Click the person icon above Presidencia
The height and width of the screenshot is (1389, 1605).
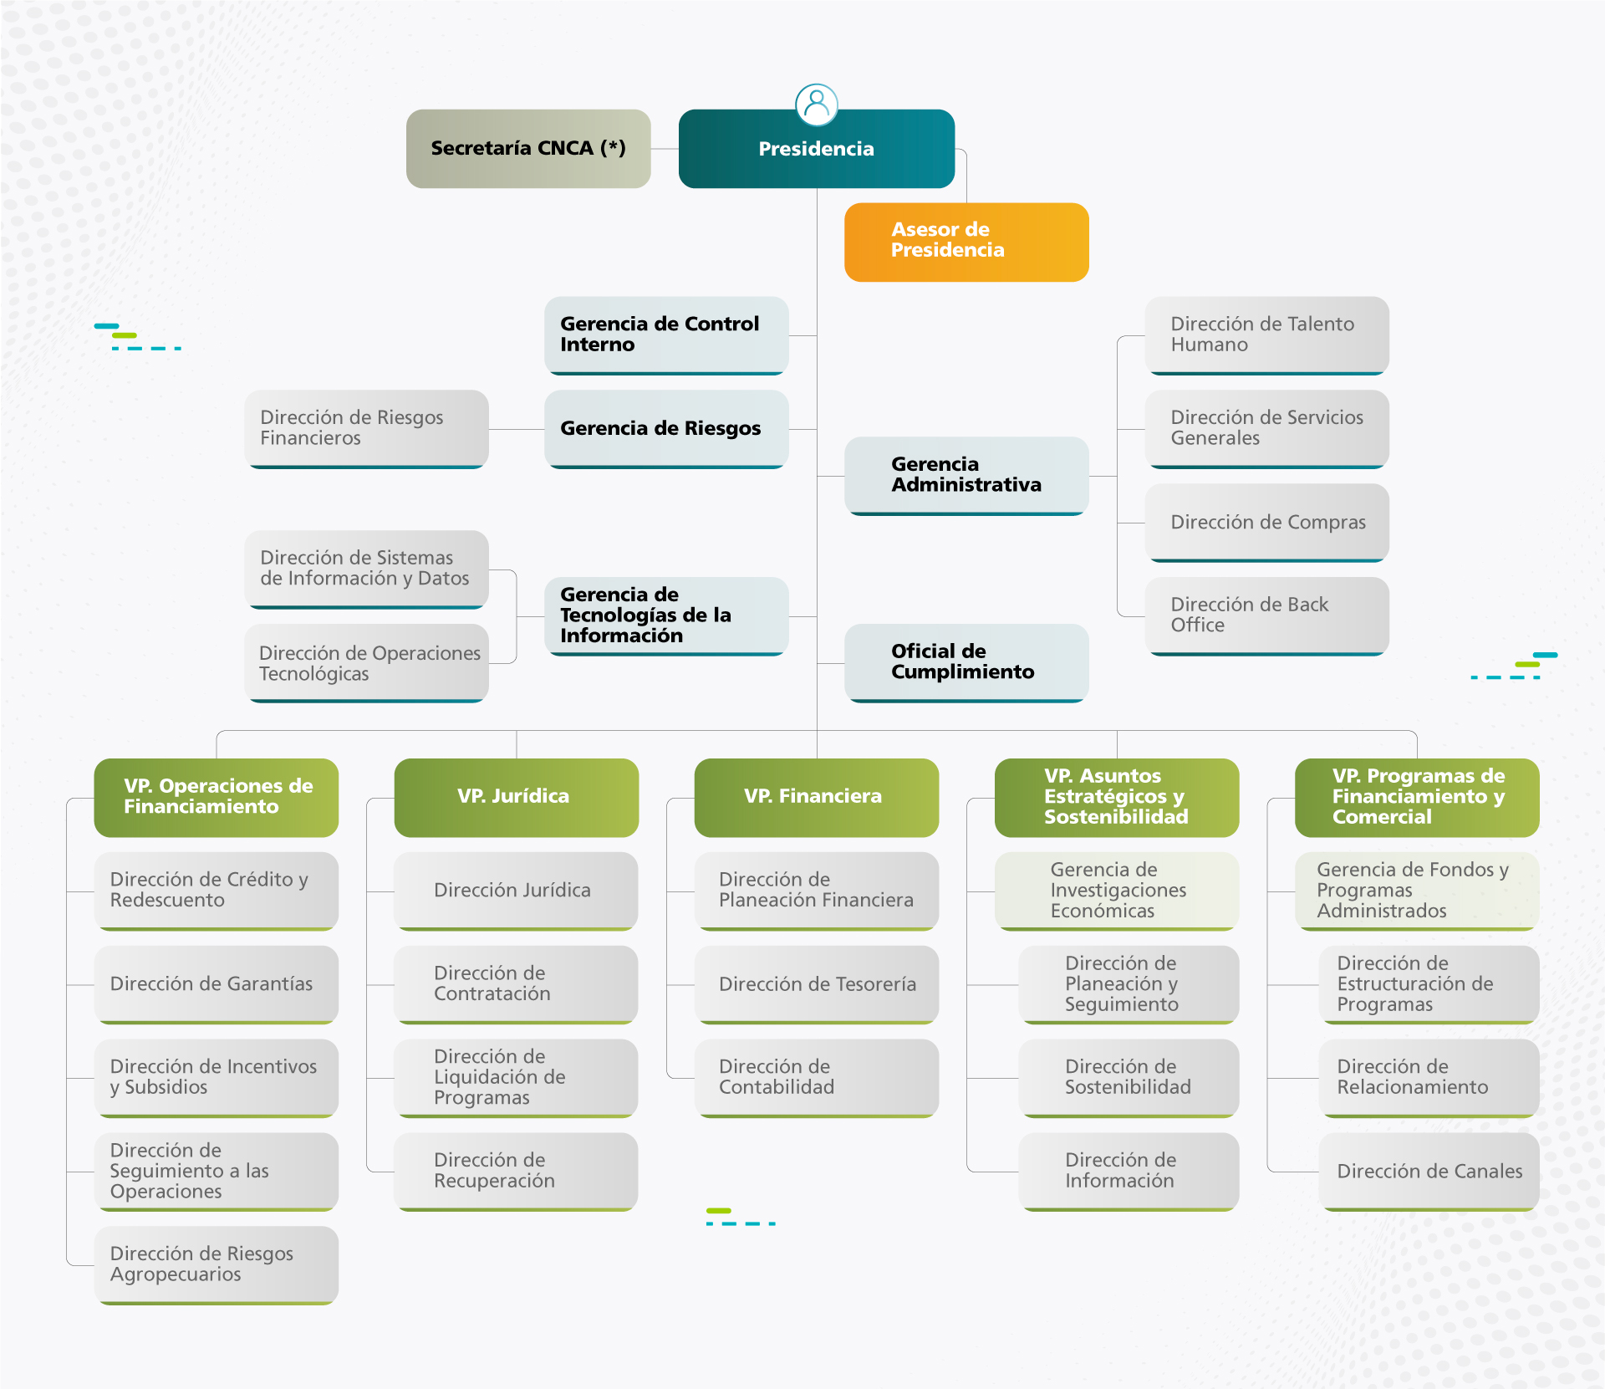[816, 104]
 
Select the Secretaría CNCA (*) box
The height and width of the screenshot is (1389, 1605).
[527, 149]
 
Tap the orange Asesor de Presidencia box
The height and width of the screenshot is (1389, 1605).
[966, 242]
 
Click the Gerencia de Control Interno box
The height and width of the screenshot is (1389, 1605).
[665, 334]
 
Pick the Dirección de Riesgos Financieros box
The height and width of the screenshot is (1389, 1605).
[366, 428]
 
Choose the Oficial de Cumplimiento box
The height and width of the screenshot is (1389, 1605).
[966, 662]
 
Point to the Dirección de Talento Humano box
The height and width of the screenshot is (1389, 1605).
[1266, 334]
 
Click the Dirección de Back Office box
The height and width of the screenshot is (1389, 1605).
[1266, 615]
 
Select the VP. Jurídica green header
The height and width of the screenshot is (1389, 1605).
[516, 797]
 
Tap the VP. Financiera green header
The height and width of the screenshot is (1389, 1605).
[816, 797]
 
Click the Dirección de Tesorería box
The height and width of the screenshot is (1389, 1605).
[816, 984]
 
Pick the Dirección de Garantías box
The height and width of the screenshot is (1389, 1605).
[216, 984]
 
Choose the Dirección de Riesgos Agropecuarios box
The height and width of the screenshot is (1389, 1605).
[216, 1264]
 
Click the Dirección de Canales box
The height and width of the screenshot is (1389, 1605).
[1429, 1171]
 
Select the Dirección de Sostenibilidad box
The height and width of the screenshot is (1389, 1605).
[1128, 1077]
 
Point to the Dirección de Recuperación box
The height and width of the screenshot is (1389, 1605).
[516, 1171]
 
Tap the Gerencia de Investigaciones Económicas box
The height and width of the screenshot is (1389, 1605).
[1116, 891]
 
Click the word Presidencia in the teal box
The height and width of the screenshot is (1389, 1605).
[816, 150]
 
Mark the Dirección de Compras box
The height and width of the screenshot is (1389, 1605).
[1266, 523]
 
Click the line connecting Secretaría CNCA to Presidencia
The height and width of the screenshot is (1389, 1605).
[665, 149]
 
